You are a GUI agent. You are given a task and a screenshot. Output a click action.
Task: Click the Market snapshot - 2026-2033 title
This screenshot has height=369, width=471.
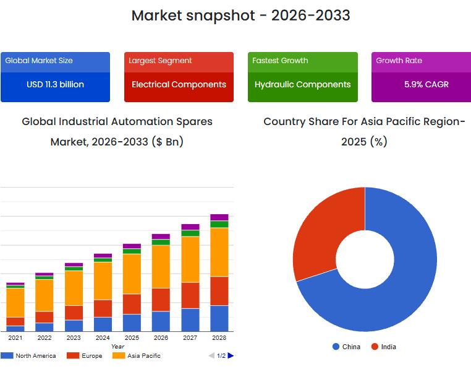click(x=240, y=15)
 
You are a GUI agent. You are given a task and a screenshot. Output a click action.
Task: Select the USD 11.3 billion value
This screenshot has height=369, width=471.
click(x=55, y=84)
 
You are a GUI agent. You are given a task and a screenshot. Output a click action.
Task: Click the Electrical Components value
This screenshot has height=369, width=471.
click(x=179, y=84)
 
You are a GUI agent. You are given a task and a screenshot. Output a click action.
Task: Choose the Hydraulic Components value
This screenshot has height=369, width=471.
click(x=302, y=84)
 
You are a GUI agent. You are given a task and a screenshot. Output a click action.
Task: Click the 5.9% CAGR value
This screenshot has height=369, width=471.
click(x=426, y=84)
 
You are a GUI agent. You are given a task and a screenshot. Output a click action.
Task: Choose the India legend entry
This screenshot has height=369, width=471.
click(x=384, y=347)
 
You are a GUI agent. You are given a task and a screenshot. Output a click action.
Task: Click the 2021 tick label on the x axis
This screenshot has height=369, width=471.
click(x=15, y=337)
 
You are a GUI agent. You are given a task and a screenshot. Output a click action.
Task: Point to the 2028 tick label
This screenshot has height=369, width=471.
click(x=219, y=337)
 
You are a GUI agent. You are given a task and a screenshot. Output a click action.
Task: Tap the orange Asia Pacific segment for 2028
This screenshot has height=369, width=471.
click(x=219, y=252)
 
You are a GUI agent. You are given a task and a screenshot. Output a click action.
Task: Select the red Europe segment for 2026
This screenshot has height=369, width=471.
click(x=161, y=300)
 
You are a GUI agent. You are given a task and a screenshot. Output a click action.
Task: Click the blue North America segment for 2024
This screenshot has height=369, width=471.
click(x=103, y=324)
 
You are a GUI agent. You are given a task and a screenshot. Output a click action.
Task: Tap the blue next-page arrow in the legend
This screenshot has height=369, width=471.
click(x=231, y=355)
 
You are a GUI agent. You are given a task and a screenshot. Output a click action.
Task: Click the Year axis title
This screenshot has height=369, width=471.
click(x=117, y=347)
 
